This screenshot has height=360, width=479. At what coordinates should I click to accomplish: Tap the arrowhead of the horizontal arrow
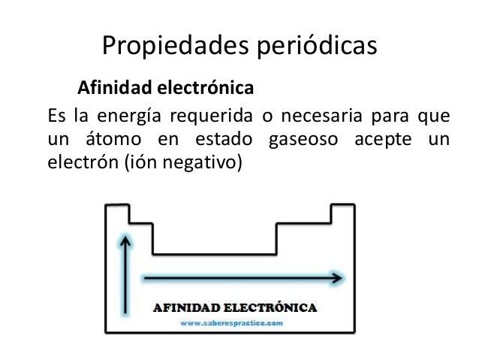[338, 277]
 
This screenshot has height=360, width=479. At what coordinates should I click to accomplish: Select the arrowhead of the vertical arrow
[126, 239]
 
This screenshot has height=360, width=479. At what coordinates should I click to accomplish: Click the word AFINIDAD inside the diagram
[191, 307]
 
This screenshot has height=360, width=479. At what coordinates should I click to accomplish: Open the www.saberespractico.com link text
[231, 322]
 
